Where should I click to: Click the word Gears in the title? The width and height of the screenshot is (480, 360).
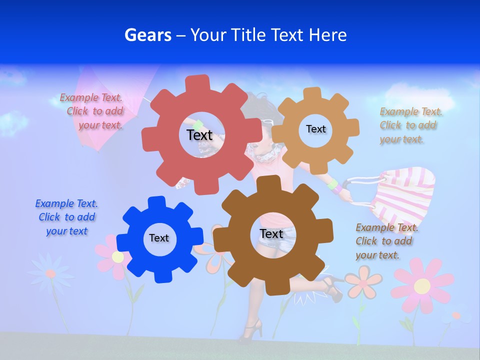[x=147, y=35]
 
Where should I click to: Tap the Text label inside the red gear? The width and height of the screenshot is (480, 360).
[x=199, y=135]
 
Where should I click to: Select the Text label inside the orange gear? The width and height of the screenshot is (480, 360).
[x=315, y=129]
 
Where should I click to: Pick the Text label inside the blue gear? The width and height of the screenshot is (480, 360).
[x=159, y=238]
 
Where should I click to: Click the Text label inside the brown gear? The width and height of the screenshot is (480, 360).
[x=271, y=233]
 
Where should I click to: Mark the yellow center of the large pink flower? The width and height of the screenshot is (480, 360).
[x=422, y=286]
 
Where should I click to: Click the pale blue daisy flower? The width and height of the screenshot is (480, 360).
[x=50, y=273]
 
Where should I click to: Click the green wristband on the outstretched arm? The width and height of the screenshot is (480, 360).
[x=332, y=184]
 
